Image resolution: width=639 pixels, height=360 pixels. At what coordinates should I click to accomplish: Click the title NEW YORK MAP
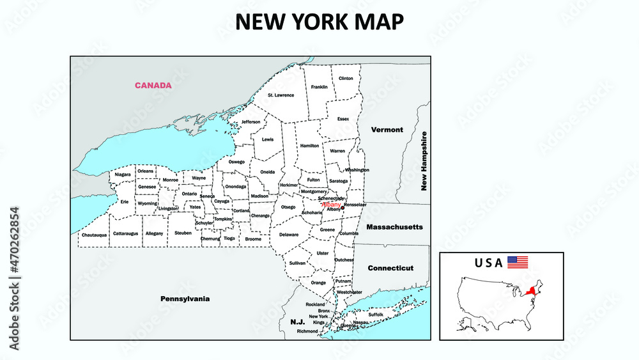coord(319,21)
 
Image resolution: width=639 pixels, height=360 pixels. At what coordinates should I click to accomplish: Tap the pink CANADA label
coord(153,85)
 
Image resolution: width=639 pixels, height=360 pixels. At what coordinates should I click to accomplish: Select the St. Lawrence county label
coord(281,95)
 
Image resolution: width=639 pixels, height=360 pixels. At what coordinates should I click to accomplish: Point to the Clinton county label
coord(346,79)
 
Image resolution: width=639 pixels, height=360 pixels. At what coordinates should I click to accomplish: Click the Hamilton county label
coord(309,146)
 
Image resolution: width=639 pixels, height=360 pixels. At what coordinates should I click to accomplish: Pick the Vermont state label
coord(387,130)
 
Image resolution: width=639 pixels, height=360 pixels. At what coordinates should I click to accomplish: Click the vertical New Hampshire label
coord(423,161)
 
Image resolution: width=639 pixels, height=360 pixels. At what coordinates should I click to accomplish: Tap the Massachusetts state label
coord(394,227)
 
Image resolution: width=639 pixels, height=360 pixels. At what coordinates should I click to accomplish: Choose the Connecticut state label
coord(390,268)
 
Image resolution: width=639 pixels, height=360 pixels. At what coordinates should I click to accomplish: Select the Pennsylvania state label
coord(185,299)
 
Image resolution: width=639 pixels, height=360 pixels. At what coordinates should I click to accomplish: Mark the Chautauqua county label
coord(94,235)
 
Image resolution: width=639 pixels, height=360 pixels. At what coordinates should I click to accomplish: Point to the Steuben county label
coord(183,233)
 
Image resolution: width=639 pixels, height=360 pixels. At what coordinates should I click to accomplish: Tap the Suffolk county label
coord(376,315)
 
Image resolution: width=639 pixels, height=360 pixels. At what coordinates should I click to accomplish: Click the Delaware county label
coord(289,235)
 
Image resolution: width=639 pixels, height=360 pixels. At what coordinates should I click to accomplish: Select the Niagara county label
coord(123,175)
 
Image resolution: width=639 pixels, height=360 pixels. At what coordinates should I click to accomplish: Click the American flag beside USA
coord(518,262)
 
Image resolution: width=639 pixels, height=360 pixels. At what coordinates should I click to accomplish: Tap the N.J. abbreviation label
coord(297,322)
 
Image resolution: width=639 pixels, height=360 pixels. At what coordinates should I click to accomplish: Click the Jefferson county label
coord(250,121)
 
